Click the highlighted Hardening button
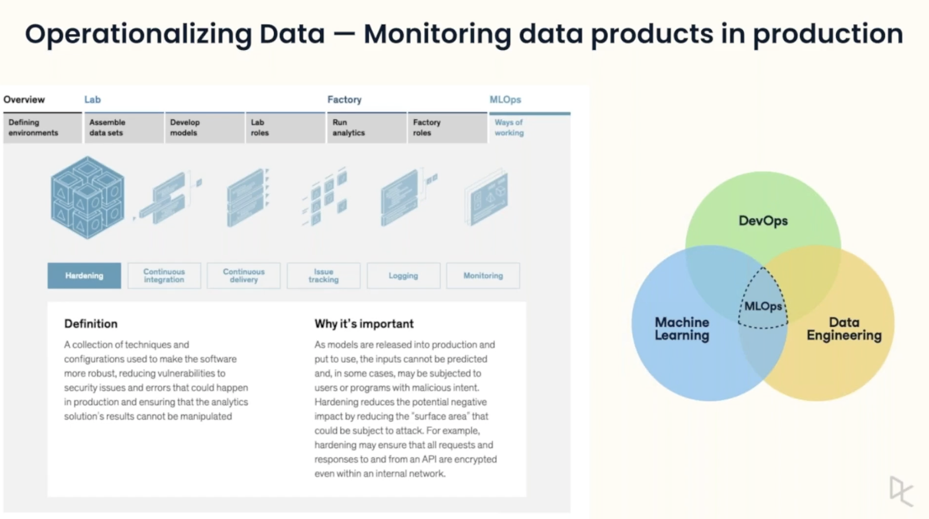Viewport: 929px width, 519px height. click(x=84, y=275)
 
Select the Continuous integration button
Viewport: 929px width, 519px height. click(x=164, y=275)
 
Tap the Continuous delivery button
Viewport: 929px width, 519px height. click(x=244, y=275)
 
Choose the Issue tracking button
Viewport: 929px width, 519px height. click(x=323, y=275)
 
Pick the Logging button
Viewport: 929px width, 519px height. click(x=403, y=275)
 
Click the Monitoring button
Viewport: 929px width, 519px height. click(x=483, y=275)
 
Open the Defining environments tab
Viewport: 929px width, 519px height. click(x=42, y=128)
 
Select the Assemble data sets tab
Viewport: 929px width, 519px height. click(x=123, y=128)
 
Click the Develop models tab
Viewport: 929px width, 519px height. click(x=204, y=128)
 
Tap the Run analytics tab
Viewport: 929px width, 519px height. click(x=366, y=128)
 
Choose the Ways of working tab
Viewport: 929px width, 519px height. click(x=529, y=128)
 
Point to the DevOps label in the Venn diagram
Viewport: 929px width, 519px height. click(x=763, y=220)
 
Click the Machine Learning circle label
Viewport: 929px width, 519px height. click(x=682, y=329)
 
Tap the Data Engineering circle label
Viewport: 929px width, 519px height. click(x=843, y=329)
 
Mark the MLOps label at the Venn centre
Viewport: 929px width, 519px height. click(x=763, y=306)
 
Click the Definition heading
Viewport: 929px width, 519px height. click(x=91, y=323)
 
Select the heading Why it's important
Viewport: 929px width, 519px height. click(x=364, y=323)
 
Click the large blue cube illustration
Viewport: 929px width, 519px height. click(x=88, y=198)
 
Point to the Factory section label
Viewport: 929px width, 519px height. click(x=344, y=100)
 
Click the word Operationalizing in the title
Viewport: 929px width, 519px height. click(x=138, y=34)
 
